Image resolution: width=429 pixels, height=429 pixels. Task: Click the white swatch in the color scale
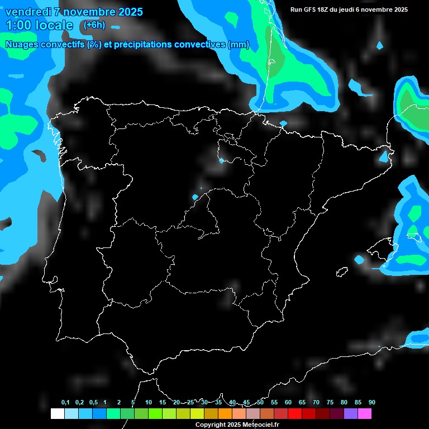coord(57,413)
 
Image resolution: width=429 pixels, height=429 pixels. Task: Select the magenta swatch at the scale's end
coord(365,413)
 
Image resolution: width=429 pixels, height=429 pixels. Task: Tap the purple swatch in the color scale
coord(351,413)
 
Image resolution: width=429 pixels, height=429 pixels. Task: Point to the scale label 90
coord(371,403)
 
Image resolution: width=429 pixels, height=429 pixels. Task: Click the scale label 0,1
coord(65,403)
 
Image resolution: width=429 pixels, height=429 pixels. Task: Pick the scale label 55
coord(274,403)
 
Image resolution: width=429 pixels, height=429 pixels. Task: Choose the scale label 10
coord(148,403)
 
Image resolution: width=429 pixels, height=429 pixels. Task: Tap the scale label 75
coord(330,403)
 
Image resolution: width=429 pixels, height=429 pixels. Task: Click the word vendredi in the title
coord(28,12)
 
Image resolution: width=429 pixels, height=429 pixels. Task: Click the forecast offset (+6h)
coord(94,25)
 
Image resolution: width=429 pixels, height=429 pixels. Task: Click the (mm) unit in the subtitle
coord(239,45)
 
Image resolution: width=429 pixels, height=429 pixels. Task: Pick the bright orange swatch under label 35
coord(225,413)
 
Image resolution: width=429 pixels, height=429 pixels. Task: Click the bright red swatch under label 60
coord(295,413)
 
